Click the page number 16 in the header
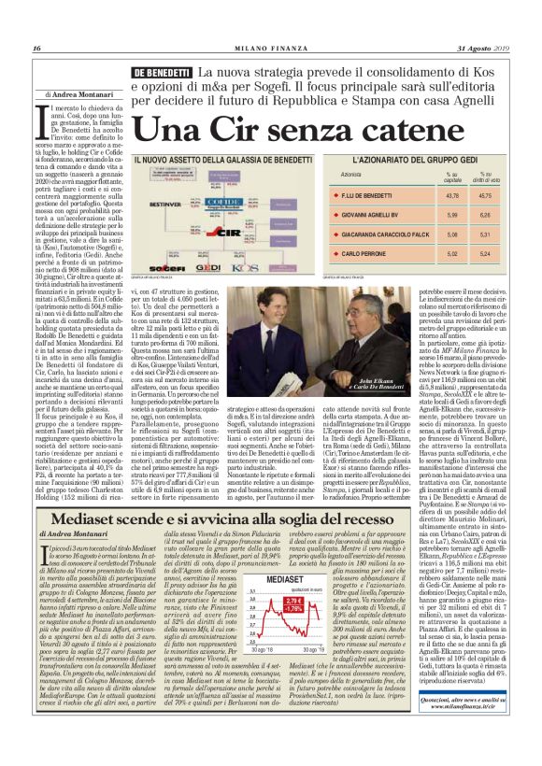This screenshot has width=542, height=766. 36,49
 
